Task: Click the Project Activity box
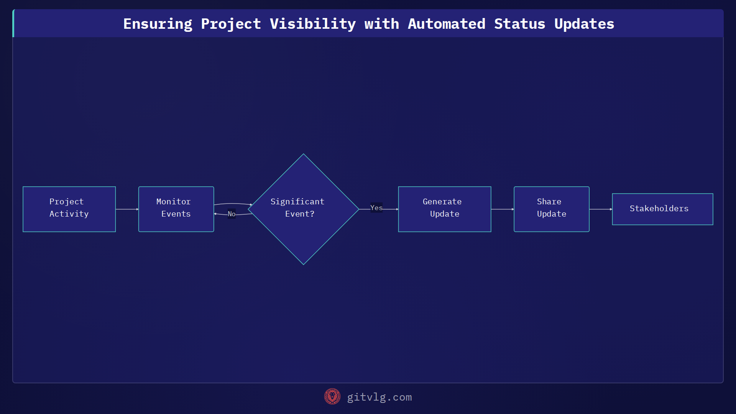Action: pyautogui.click(x=69, y=209)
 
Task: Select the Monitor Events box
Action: pyautogui.click(x=176, y=209)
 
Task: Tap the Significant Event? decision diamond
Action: pyautogui.click(x=303, y=209)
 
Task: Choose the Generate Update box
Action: pyautogui.click(x=444, y=209)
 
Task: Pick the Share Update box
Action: pyautogui.click(x=551, y=209)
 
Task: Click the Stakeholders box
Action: pyautogui.click(x=662, y=209)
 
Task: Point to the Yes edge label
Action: pyautogui.click(x=376, y=208)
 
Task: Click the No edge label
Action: pyautogui.click(x=232, y=214)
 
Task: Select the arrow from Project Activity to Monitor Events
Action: pyautogui.click(x=127, y=209)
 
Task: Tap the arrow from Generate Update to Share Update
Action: pyautogui.click(x=502, y=209)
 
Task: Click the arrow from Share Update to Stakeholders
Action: pyautogui.click(x=600, y=209)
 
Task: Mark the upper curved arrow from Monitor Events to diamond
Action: pyautogui.click(x=232, y=204)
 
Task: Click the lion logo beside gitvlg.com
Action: pyautogui.click(x=332, y=396)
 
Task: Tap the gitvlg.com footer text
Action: pyautogui.click(x=379, y=397)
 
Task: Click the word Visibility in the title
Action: pyautogui.click(x=312, y=24)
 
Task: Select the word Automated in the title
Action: pyautogui.click(x=446, y=24)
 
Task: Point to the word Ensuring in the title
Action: pyautogui.click(x=158, y=24)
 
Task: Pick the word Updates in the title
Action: pyautogui.click(x=584, y=24)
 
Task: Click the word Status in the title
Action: pyautogui.click(x=519, y=24)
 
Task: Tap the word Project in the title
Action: pyautogui.click(x=231, y=24)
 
